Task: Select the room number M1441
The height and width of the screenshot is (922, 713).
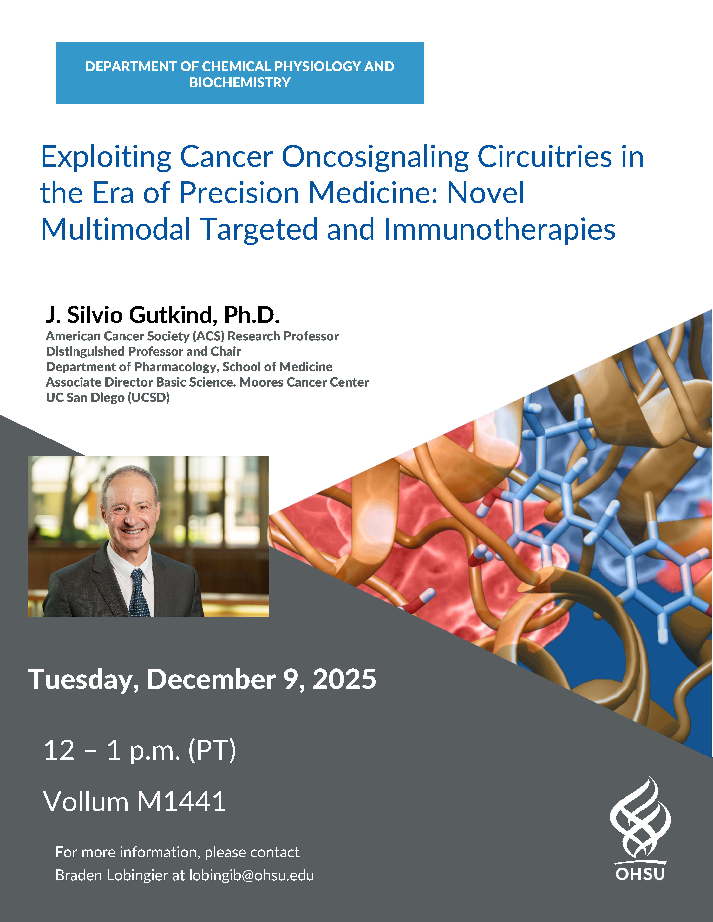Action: tap(182, 801)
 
